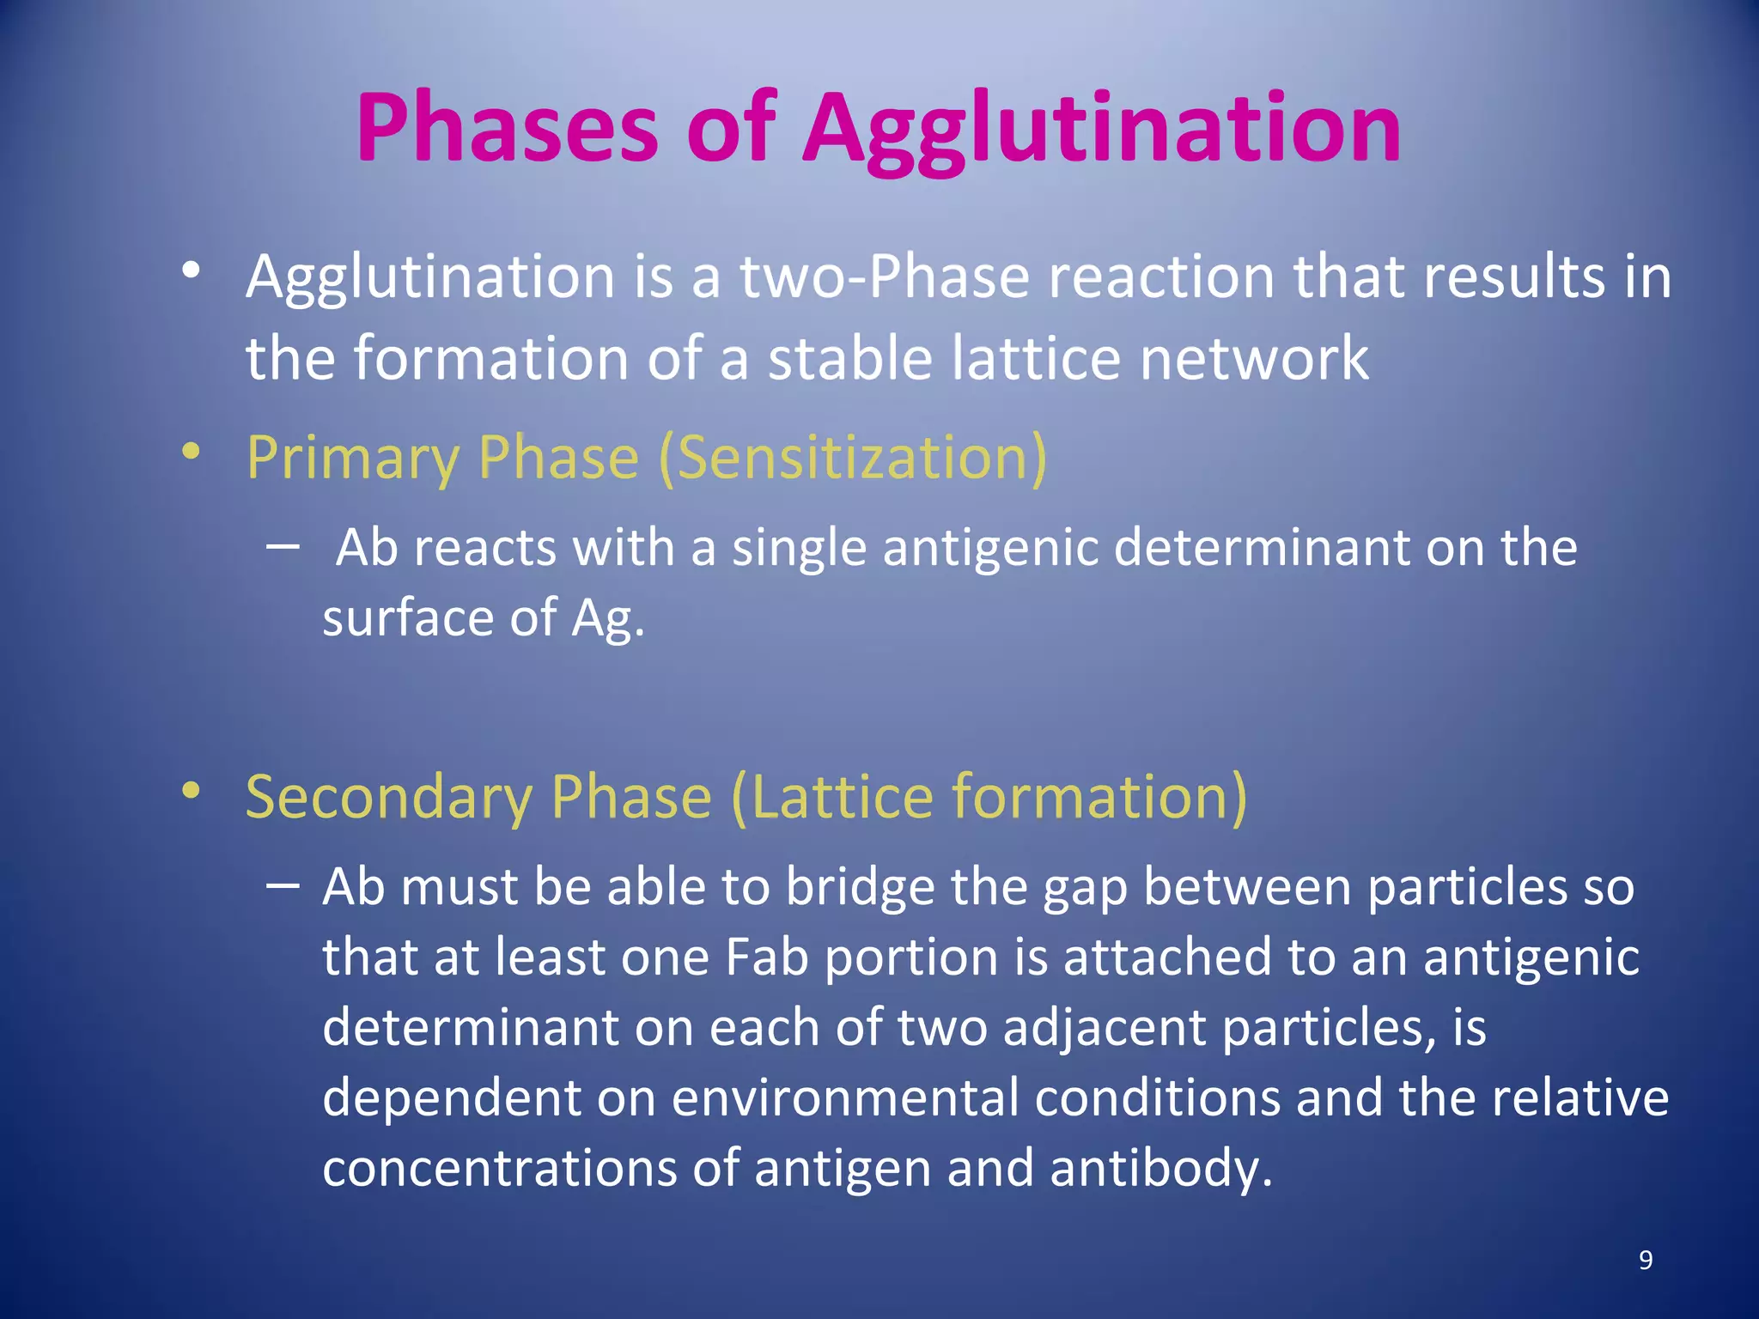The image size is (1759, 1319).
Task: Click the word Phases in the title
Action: (507, 129)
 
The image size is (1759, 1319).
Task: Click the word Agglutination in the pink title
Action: (1101, 129)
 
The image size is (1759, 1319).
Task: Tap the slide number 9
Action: (1645, 1260)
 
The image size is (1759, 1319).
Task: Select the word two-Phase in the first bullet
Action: (885, 277)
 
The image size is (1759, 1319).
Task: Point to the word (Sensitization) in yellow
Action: (853, 457)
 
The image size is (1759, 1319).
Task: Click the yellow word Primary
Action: (352, 457)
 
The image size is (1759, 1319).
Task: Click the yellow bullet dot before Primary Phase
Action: (192, 450)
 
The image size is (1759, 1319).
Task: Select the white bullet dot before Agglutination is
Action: (192, 270)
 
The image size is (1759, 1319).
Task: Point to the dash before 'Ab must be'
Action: (283, 884)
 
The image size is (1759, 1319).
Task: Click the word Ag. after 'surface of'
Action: (608, 618)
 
